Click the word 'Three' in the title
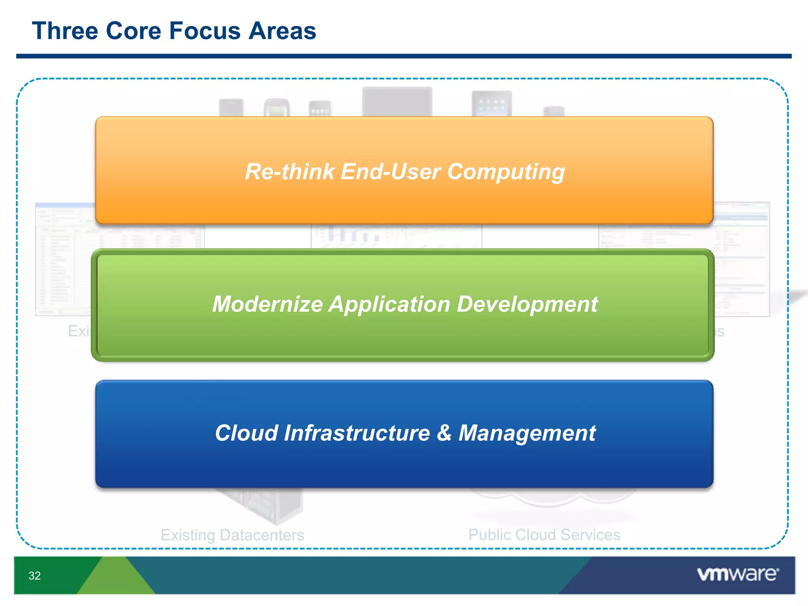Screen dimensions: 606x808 pyautogui.click(x=65, y=31)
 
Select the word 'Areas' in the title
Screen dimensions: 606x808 pyautogui.click(x=282, y=31)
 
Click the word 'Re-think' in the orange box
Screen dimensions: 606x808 pyautogui.click(x=290, y=172)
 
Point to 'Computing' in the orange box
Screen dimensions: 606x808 pyautogui.click(x=506, y=172)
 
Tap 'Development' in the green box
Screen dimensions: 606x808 pyautogui.click(x=527, y=304)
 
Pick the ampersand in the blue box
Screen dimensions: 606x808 pyautogui.click(x=444, y=433)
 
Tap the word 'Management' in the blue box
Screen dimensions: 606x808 pyautogui.click(x=527, y=434)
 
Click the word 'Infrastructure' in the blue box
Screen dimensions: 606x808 pyautogui.click(x=357, y=433)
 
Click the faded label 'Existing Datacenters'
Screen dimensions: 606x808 pyautogui.click(x=232, y=535)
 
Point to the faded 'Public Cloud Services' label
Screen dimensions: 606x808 pyautogui.click(x=544, y=535)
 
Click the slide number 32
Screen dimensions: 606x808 pyautogui.click(x=35, y=576)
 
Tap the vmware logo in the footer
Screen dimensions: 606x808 pyautogui.click(x=737, y=574)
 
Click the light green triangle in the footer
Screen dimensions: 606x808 pyautogui.click(x=115, y=578)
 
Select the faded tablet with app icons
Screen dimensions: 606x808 pyautogui.click(x=492, y=103)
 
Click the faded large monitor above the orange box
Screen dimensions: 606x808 pyautogui.click(x=397, y=101)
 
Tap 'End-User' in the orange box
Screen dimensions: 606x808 pyautogui.click(x=391, y=172)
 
